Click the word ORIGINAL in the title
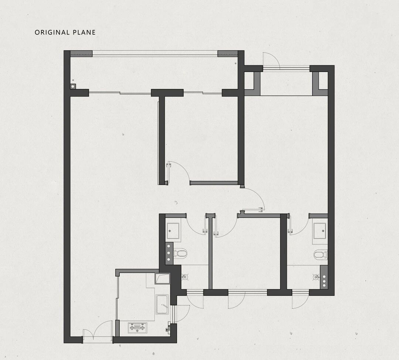point(52,32)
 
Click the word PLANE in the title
point(84,32)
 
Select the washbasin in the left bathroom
point(173,231)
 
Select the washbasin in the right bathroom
point(320,231)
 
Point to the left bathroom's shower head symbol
point(185,277)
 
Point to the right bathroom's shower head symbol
point(316,277)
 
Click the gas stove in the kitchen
point(137,328)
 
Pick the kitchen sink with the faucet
point(162,304)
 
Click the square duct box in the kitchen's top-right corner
point(162,279)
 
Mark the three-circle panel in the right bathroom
point(324,277)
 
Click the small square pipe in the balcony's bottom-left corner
point(73,86)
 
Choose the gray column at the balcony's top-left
point(81,54)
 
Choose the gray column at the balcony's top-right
point(228,54)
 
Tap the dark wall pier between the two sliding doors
point(167,93)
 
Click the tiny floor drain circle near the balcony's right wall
point(236,63)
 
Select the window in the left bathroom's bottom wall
point(195,292)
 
